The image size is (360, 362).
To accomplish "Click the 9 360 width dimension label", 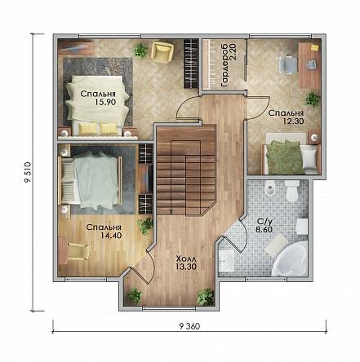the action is (189, 326).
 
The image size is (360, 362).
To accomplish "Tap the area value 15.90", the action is (105, 102).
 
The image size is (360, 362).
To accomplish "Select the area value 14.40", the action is (111, 235).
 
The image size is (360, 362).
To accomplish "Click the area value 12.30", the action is (293, 121).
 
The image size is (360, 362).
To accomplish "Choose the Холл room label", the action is (186, 258).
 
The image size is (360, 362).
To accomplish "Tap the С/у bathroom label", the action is (263, 222).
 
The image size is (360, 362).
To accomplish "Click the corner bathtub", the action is (290, 259).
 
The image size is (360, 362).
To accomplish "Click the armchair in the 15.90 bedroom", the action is (162, 51).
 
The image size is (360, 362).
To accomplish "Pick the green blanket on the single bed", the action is (284, 157).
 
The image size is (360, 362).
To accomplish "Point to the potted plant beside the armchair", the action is (140, 50).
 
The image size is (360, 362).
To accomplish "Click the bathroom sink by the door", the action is (226, 261).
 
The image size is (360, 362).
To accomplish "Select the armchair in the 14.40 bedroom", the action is (78, 251).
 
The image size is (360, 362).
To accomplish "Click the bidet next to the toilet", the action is (269, 188).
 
